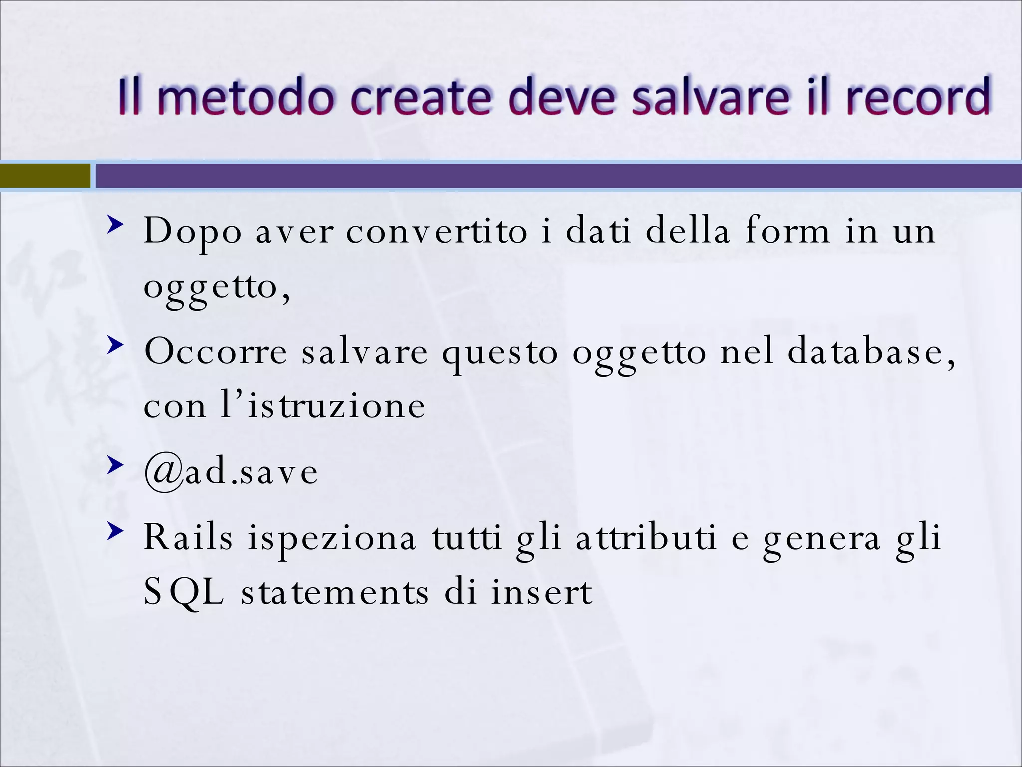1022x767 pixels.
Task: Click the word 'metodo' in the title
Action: (245, 96)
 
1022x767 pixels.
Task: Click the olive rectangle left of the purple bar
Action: (45, 176)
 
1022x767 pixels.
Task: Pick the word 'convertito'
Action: (437, 231)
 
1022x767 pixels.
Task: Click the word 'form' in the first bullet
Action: (787, 230)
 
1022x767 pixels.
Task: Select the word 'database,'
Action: (871, 351)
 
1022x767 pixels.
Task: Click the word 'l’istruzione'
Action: (323, 405)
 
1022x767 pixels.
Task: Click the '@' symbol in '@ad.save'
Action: (163, 472)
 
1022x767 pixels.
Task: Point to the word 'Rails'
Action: (188, 538)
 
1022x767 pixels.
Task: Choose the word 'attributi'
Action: (646, 538)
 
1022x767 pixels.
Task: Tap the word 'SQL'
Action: (184, 593)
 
